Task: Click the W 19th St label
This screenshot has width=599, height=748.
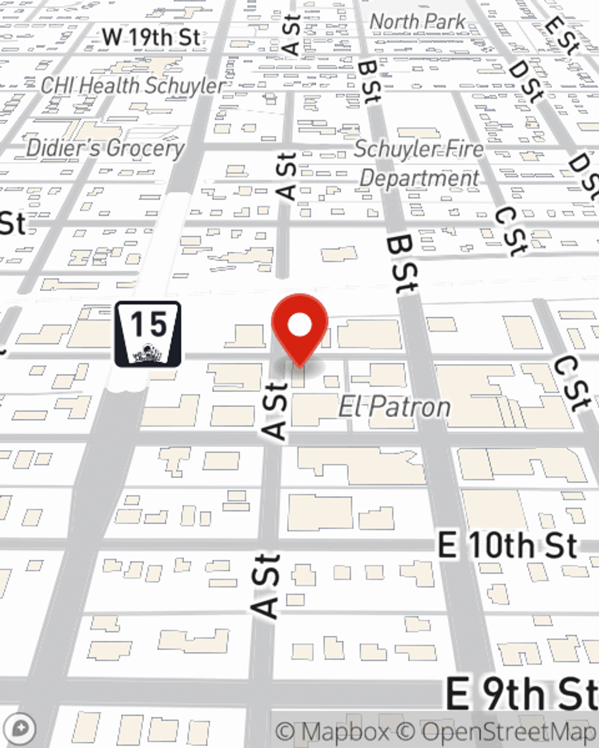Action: pos(151,37)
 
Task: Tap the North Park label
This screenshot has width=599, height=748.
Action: pos(418,22)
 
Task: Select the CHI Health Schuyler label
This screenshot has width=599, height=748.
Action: pos(133,86)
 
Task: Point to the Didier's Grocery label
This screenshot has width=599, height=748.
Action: pos(105,148)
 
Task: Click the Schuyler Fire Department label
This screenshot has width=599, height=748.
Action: pos(419,163)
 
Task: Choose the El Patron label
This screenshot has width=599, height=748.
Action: pos(394,408)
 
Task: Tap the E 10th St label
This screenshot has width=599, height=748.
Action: pos(508,546)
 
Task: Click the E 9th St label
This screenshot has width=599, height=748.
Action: pos(521,694)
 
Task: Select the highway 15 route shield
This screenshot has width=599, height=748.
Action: pos(148,333)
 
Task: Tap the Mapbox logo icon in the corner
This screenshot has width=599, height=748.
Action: pos(20,729)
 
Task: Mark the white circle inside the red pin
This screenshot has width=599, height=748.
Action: pos(299,325)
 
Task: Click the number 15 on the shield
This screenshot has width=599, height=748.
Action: pos(148,324)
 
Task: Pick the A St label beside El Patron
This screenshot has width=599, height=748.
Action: pos(276,411)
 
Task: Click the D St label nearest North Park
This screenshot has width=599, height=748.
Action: pos(526,80)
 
